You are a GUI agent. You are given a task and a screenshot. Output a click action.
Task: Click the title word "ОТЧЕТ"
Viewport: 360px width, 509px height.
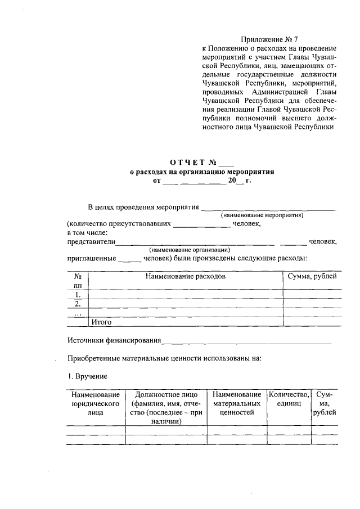(x=188, y=163)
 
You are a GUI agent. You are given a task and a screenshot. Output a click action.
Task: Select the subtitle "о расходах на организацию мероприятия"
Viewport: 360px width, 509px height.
(x=201, y=173)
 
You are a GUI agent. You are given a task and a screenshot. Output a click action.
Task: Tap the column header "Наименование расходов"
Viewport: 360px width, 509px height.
(x=185, y=277)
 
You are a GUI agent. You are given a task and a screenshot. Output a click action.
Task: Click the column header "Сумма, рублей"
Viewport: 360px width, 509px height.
(x=312, y=277)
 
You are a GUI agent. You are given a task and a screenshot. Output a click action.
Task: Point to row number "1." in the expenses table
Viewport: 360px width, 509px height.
(x=78, y=294)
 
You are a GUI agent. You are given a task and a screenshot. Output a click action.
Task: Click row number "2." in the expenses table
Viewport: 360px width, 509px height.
(x=78, y=304)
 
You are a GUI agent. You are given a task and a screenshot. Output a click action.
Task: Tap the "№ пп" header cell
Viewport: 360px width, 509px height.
(x=78, y=281)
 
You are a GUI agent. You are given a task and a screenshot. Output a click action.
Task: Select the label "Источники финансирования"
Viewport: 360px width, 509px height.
(x=114, y=340)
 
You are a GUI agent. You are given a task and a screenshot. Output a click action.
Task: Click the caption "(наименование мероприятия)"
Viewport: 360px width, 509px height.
(x=262, y=215)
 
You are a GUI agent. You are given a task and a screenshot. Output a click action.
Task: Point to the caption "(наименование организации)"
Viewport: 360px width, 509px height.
(x=190, y=250)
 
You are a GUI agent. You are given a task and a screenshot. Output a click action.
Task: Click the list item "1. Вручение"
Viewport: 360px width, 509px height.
(x=87, y=375)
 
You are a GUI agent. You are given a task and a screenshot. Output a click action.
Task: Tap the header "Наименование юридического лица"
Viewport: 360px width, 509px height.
(x=95, y=404)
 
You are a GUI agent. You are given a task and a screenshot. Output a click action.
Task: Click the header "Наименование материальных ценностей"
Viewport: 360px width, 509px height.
(x=237, y=404)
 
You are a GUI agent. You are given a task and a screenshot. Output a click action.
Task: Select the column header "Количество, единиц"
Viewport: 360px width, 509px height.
(x=289, y=399)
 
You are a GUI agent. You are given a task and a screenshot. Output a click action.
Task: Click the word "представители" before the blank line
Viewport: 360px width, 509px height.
(x=91, y=242)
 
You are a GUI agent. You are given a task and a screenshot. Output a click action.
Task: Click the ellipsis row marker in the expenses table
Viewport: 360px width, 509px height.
(x=78, y=313)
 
